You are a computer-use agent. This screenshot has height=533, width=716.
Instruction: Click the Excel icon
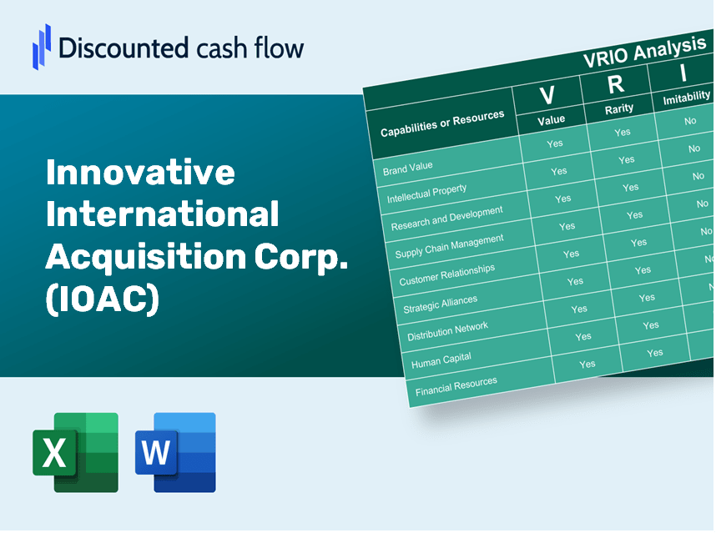coord(75,452)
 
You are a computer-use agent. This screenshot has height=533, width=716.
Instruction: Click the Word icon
coord(175,452)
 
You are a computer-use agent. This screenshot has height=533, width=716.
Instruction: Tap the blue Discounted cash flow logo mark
coord(42,46)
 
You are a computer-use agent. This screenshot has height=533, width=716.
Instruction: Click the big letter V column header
coord(547,95)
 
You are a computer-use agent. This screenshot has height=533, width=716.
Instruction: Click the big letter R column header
coord(615,83)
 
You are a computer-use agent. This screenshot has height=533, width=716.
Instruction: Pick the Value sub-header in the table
coord(551,120)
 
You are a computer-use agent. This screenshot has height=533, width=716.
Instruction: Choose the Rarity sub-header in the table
coord(619,108)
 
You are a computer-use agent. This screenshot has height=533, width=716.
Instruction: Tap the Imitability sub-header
coord(685,99)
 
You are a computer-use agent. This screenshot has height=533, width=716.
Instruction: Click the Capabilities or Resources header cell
coord(442,124)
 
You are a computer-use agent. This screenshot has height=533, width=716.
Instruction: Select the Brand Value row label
coord(408,168)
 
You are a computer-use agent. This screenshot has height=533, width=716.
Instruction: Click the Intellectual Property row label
coord(426,194)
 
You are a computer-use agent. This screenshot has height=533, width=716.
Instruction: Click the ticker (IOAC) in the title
coord(102,299)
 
